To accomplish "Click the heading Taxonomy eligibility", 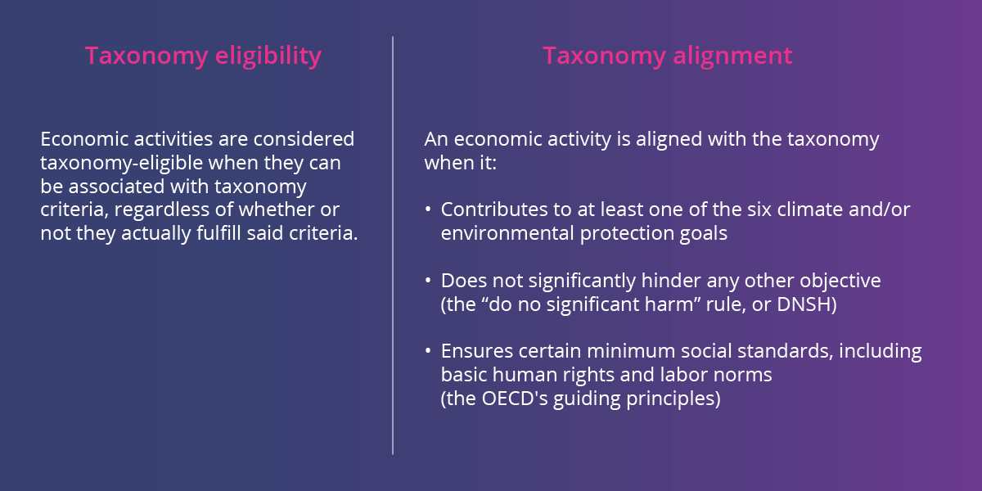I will click(x=203, y=56).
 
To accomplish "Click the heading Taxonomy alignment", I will click(x=667, y=56).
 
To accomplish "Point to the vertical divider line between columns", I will click(x=393, y=245).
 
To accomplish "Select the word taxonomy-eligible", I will click(x=115, y=163).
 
